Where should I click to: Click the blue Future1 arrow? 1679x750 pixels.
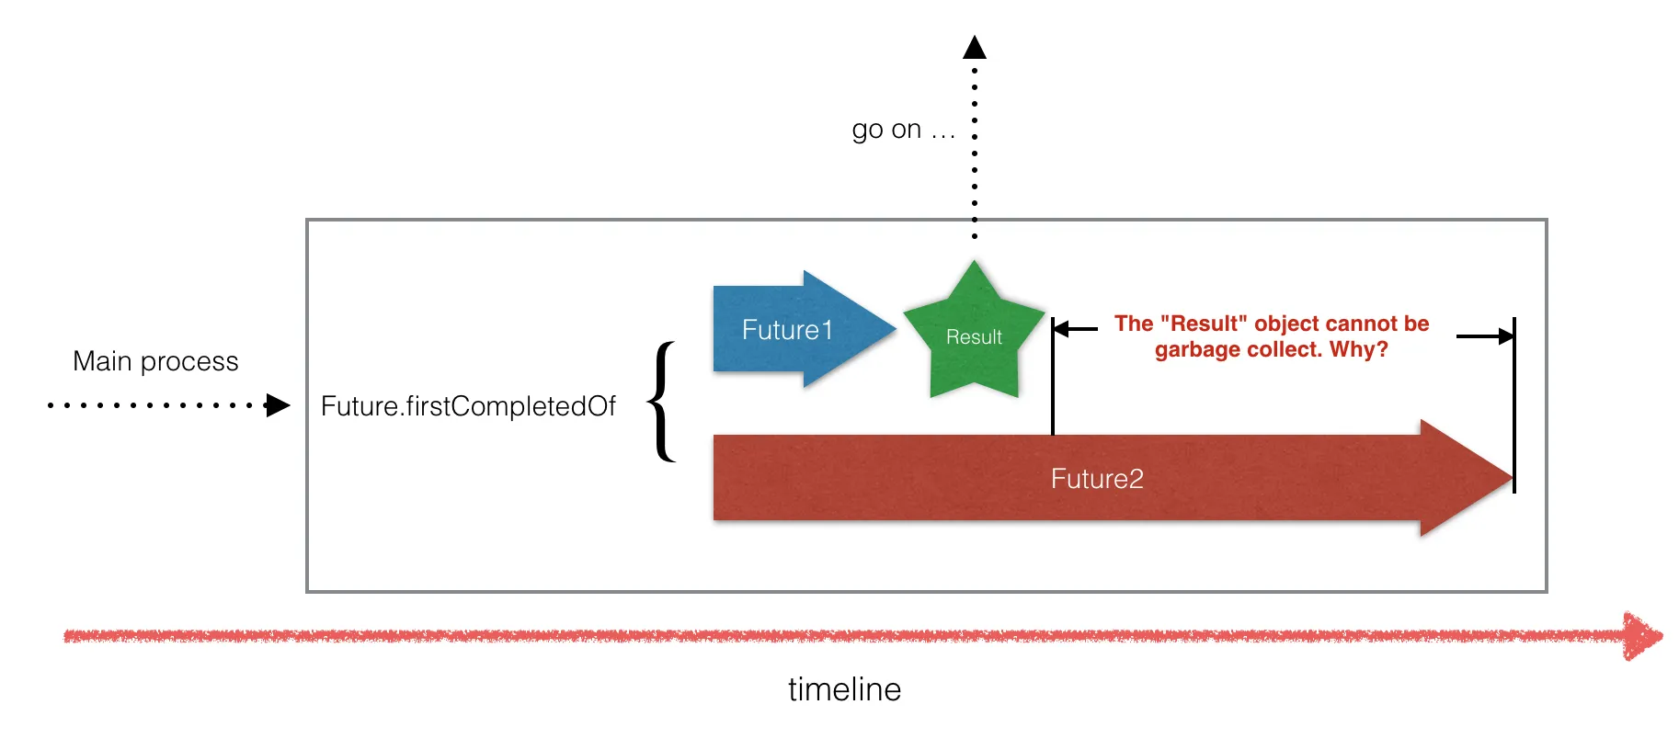(791, 329)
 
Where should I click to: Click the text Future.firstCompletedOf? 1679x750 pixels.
(468, 406)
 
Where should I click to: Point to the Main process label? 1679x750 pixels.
(155, 361)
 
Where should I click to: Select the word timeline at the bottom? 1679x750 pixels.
(844, 689)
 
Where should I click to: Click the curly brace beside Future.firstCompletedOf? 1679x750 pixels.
(662, 402)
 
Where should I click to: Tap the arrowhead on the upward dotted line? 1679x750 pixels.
(975, 47)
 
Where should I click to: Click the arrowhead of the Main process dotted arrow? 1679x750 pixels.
(278, 405)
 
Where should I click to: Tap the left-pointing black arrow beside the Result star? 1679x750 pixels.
(1071, 328)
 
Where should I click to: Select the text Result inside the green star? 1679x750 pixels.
(974, 337)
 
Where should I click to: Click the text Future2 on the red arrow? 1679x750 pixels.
(1097, 479)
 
